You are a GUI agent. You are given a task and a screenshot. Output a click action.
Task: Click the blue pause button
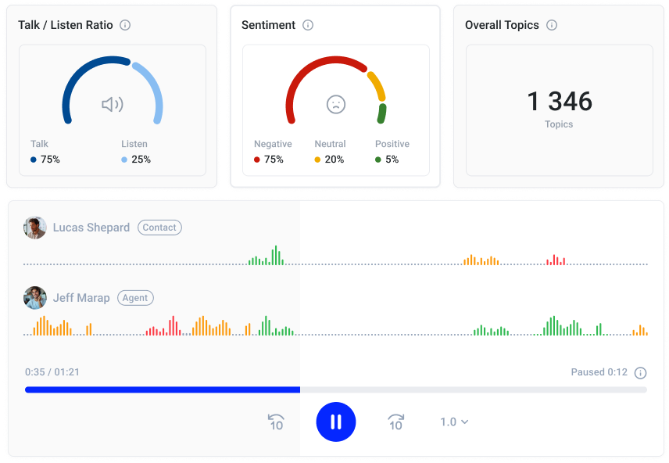click(x=336, y=422)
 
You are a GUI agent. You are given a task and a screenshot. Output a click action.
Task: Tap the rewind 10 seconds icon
click(x=276, y=422)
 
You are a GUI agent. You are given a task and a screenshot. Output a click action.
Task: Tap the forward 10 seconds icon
click(x=395, y=422)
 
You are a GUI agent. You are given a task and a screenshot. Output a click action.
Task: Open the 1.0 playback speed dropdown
click(x=454, y=422)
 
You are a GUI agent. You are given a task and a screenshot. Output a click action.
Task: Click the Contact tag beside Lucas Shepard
click(x=159, y=228)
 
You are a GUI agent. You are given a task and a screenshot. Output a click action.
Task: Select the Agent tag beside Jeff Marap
click(x=135, y=298)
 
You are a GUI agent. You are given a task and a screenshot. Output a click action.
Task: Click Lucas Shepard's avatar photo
click(x=35, y=228)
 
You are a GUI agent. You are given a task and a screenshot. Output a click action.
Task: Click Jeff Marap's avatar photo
click(x=35, y=298)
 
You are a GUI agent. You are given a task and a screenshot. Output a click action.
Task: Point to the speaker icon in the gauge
click(x=113, y=104)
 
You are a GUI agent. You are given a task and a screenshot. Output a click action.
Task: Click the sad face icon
click(x=336, y=104)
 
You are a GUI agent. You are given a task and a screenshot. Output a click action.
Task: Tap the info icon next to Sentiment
click(x=308, y=25)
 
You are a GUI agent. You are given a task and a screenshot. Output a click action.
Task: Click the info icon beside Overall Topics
click(x=552, y=25)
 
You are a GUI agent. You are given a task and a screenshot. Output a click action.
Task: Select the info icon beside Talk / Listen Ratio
click(x=125, y=25)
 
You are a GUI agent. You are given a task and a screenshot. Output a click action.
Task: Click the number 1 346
click(x=560, y=101)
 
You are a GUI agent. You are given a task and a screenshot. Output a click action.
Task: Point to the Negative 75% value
click(x=274, y=160)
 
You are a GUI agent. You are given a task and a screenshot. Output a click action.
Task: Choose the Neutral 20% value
click(x=334, y=160)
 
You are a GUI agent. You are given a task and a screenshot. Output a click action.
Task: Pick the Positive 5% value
click(x=392, y=160)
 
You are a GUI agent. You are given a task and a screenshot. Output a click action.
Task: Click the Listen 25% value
click(x=141, y=160)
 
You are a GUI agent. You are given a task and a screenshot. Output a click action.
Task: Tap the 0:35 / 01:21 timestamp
click(x=52, y=372)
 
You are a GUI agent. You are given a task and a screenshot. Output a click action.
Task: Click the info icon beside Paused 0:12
click(x=641, y=372)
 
